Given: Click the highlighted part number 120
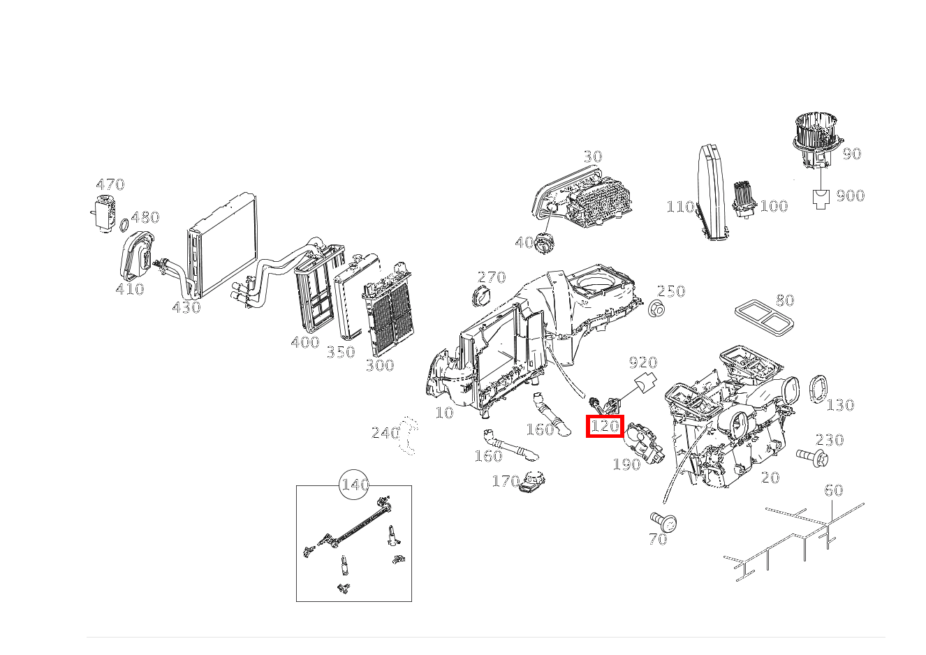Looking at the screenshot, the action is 605,426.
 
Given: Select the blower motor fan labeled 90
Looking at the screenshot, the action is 818,139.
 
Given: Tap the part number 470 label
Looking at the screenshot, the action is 110,184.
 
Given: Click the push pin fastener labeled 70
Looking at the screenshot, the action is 664,522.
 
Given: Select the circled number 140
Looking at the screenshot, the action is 354,485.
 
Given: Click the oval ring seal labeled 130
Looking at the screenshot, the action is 818,388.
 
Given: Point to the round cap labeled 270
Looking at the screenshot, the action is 481,296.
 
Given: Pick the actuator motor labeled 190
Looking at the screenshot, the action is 644,442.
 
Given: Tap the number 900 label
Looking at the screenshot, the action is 851,196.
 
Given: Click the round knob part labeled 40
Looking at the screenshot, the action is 545,244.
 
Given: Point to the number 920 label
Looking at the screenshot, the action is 643,362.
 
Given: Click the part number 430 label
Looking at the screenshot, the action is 186,307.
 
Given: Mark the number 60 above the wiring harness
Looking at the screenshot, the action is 833,490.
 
